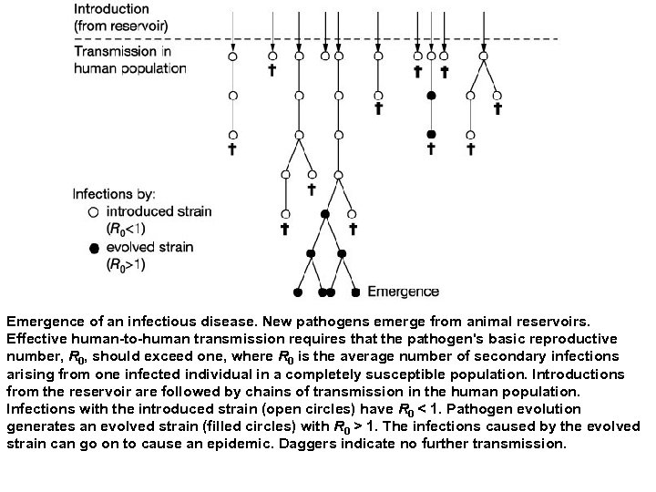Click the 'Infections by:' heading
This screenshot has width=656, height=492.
pyautogui.click(x=114, y=193)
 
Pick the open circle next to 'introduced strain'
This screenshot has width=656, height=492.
pyautogui.click(x=93, y=211)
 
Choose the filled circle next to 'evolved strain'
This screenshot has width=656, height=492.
pyautogui.click(x=93, y=248)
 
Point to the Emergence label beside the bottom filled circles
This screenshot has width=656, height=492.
pyautogui.click(x=403, y=292)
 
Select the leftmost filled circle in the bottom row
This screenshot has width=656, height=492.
pyautogui.click(x=298, y=292)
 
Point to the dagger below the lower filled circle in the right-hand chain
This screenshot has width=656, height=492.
pyautogui.click(x=431, y=147)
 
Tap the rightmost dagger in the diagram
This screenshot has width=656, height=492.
pyautogui.click(x=497, y=108)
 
